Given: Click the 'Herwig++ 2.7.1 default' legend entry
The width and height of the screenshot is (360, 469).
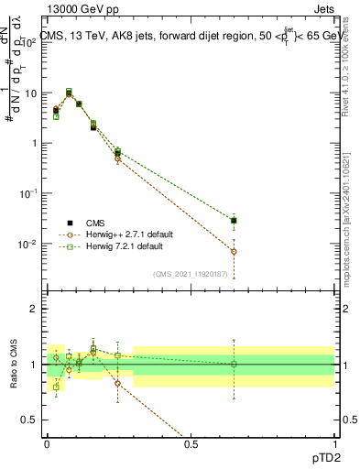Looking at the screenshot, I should pyautogui.click(x=129, y=234).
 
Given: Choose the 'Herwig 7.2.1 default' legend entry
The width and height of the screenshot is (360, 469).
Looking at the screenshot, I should pyautogui.click(x=127, y=246).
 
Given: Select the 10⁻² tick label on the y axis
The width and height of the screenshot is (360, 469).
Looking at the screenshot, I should pyautogui.click(x=29, y=245).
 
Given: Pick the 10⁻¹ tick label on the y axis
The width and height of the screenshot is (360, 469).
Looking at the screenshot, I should pyautogui.click(x=29, y=194).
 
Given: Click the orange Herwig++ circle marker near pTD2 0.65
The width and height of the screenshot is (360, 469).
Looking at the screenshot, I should pyautogui.click(x=234, y=251).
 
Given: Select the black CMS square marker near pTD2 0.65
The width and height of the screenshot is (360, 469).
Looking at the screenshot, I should pyautogui.click(x=234, y=221).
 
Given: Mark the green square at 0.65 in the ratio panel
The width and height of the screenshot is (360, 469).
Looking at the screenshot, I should pyautogui.click(x=234, y=364).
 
